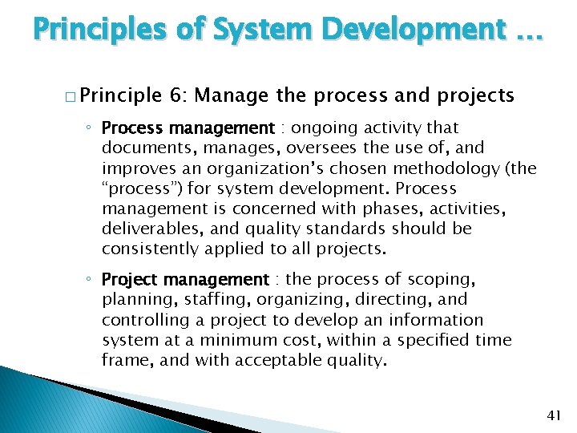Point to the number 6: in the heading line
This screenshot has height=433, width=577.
pos(178,95)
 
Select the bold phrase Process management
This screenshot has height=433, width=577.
pos(188,128)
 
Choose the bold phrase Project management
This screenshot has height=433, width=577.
pos(185,280)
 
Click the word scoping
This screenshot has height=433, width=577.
pos(442,280)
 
